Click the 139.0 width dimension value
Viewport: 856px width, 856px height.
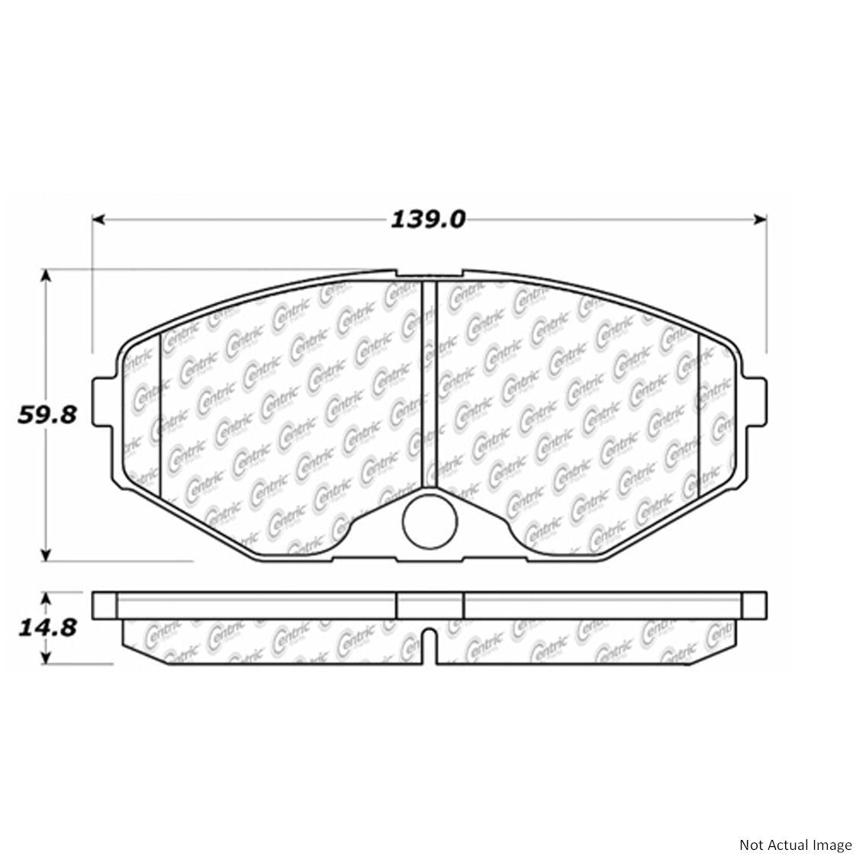tap(427, 220)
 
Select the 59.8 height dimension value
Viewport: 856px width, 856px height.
tap(47, 416)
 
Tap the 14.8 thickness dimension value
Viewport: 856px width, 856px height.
tap(47, 627)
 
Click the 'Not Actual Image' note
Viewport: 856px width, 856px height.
tap(794, 824)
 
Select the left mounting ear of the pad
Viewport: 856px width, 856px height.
tap(104, 402)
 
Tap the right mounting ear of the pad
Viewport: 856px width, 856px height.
tap(755, 402)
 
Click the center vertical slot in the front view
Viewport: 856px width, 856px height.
tap(428, 381)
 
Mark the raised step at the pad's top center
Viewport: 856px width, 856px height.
tap(429, 275)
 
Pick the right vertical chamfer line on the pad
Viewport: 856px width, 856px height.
tap(699, 412)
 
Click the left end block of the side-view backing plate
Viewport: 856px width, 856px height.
tap(105, 604)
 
